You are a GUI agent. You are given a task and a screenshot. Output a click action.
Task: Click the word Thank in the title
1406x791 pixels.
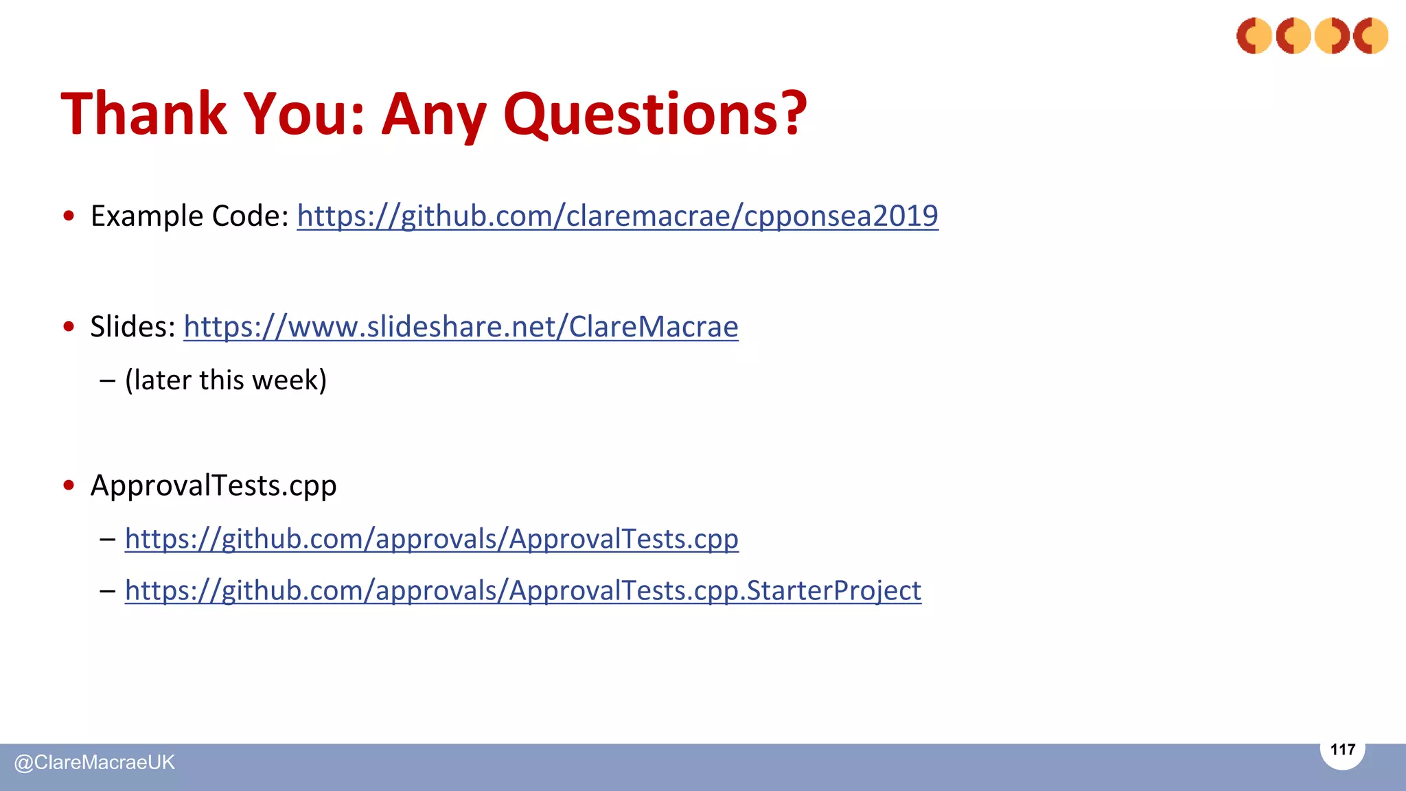[x=144, y=113]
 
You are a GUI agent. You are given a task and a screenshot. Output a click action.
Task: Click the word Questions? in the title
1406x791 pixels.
[x=655, y=113]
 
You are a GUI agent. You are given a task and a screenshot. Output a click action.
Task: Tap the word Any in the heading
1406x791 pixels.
[x=434, y=113]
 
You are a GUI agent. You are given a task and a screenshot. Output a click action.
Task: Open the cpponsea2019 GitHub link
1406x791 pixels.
[x=617, y=216]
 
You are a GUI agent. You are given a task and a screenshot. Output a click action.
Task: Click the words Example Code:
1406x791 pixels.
[x=190, y=216]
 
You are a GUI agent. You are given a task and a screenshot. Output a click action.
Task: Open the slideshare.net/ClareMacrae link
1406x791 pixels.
[x=461, y=326]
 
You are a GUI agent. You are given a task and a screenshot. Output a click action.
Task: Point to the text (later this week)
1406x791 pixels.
[x=226, y=380]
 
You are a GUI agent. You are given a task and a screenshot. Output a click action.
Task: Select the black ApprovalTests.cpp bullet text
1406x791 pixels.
[x=214, y=485]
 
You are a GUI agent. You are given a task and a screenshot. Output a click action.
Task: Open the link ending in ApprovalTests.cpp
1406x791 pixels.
[x=431, y=538]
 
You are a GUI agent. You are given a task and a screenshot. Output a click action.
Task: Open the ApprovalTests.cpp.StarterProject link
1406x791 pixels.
[x=522, y=590]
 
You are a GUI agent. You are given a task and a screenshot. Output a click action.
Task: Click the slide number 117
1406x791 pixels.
[x=1342, y=749]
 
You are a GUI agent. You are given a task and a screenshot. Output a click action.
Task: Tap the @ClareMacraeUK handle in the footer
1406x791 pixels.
[x=95, y=762]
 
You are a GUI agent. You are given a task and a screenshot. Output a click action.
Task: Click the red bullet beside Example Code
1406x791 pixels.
[x=69, y=216]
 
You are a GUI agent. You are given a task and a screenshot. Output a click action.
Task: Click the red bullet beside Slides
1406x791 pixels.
[x=69, y=327]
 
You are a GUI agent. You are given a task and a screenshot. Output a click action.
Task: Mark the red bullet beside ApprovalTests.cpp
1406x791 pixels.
[x=69, y=485]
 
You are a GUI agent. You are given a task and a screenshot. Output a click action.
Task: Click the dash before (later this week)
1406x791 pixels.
[x=107, y=380]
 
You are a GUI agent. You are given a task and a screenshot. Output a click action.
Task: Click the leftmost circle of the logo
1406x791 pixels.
[x=1254, y=36]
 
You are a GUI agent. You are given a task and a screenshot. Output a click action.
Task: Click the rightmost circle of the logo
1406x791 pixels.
[x=1370, y=36]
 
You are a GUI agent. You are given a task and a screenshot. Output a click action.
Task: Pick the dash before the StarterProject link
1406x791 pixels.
[x=107, y=591]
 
